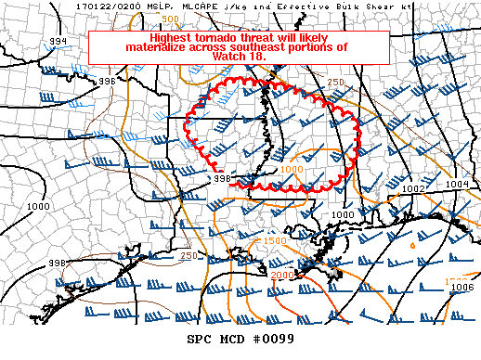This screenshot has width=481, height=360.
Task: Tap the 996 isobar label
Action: pos(108,81)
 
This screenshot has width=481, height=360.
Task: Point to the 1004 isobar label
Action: pos(457,184)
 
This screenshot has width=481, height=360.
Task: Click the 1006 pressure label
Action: pos(462,288)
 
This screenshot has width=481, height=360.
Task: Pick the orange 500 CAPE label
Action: pos(171,19)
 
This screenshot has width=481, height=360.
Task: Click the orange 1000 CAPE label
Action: pos(291,170)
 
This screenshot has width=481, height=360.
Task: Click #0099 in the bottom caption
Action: pos(272,339)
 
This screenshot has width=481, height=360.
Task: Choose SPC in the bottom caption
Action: pos(201,339)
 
